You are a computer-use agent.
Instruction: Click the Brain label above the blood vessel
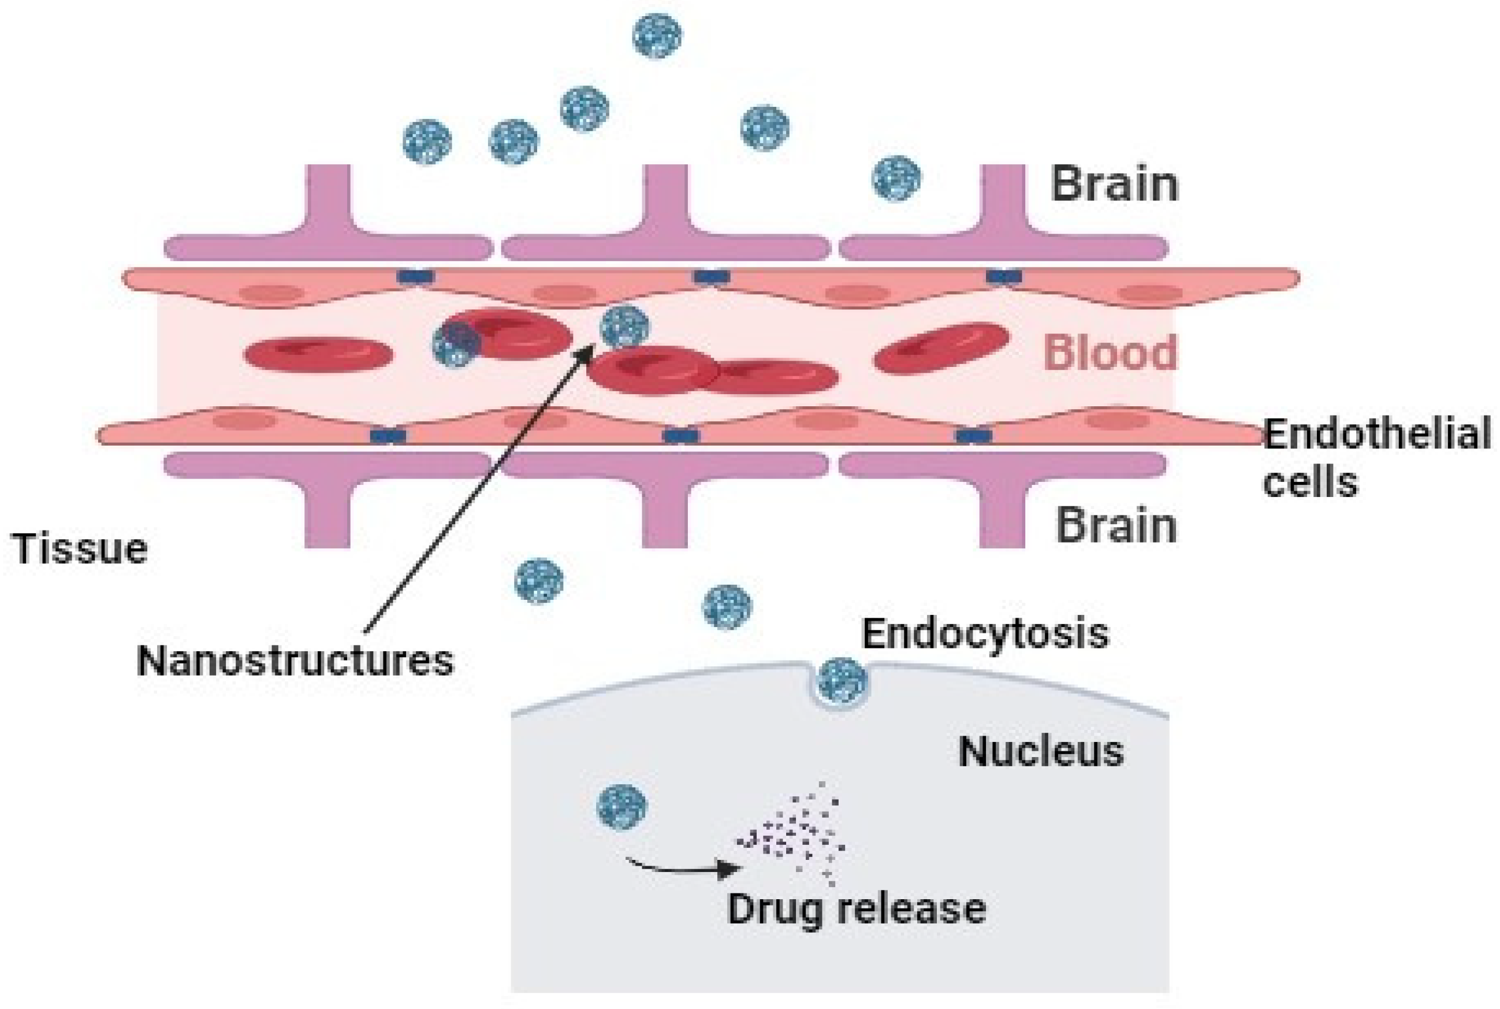coord(1114,185)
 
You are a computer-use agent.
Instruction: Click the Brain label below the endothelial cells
coord(1115,526)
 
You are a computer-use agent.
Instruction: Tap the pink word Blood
coord(1110,353)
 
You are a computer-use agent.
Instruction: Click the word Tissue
coord(80,549)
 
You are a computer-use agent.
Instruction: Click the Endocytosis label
coord(985,633)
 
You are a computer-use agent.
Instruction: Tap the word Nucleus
coord(1040,751)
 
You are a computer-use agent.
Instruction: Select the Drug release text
coord(856,908)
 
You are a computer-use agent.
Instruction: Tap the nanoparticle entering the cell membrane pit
coord(842,681)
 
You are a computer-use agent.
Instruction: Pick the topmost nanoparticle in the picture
coord(657,36)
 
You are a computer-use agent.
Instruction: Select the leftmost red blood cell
coord(318,355)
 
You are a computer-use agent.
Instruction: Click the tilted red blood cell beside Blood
coord(941,348)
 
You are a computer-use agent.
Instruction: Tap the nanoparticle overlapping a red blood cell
coord(456,344)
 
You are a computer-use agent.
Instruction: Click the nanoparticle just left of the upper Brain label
coord(896,178)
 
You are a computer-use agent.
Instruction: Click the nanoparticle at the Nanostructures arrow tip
coord(624,327)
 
